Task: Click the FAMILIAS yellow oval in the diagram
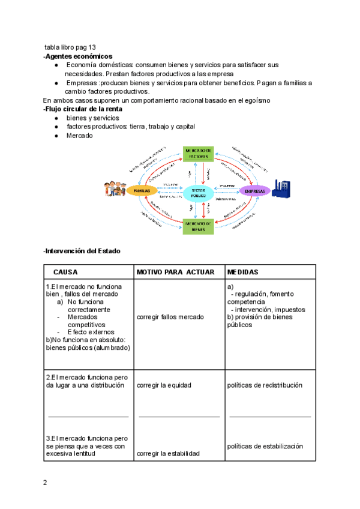click(x=142, y=190)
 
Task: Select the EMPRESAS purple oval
click(x=255, y=190)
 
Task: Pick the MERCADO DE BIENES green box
click(x=198, y=226)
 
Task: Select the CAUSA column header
click(x=65, y=272)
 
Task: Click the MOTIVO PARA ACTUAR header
click(x=175, y=272)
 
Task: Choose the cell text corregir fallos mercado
click(x=170, y=316)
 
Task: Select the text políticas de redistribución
click(x=265, y=385)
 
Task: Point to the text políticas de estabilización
click(x=265, y=446)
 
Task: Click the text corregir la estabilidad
click(x=168, y=454)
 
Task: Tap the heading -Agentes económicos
click(x=77, y=56)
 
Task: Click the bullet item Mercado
click(x=79, y=136)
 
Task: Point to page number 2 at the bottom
click(x=44, y=483)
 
